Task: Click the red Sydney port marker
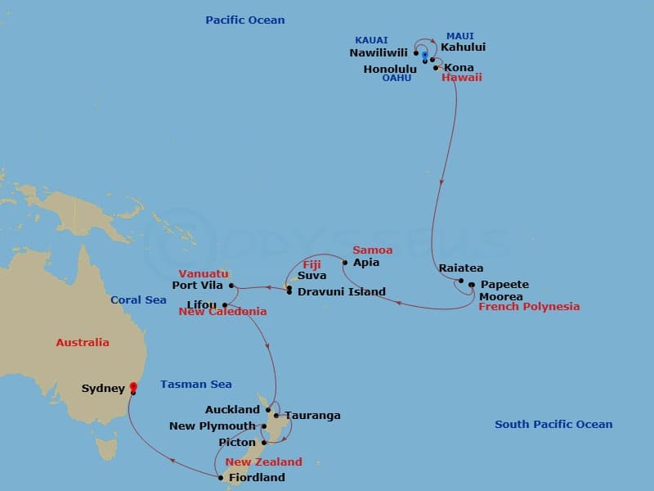click(133, 388)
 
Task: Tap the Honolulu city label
click(390, 70)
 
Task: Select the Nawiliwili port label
click(379, 53)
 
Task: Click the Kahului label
click(463, 47)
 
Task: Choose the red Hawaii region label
click(462, 78)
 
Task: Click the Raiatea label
click(461, 268)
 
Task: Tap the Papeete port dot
click(472, 285)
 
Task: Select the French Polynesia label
click(529, 307)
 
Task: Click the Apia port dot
click(346, 263)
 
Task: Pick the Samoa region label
click(372, 250)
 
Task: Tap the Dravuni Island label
click(341, 291)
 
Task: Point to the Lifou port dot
click(225, 305)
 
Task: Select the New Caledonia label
click(222, 312)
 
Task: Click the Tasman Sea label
click(196, 384)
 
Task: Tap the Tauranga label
click(312, 416)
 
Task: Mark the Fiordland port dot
click(221, 478)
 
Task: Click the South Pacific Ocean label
click(553, 424)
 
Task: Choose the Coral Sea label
click(138, 300)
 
